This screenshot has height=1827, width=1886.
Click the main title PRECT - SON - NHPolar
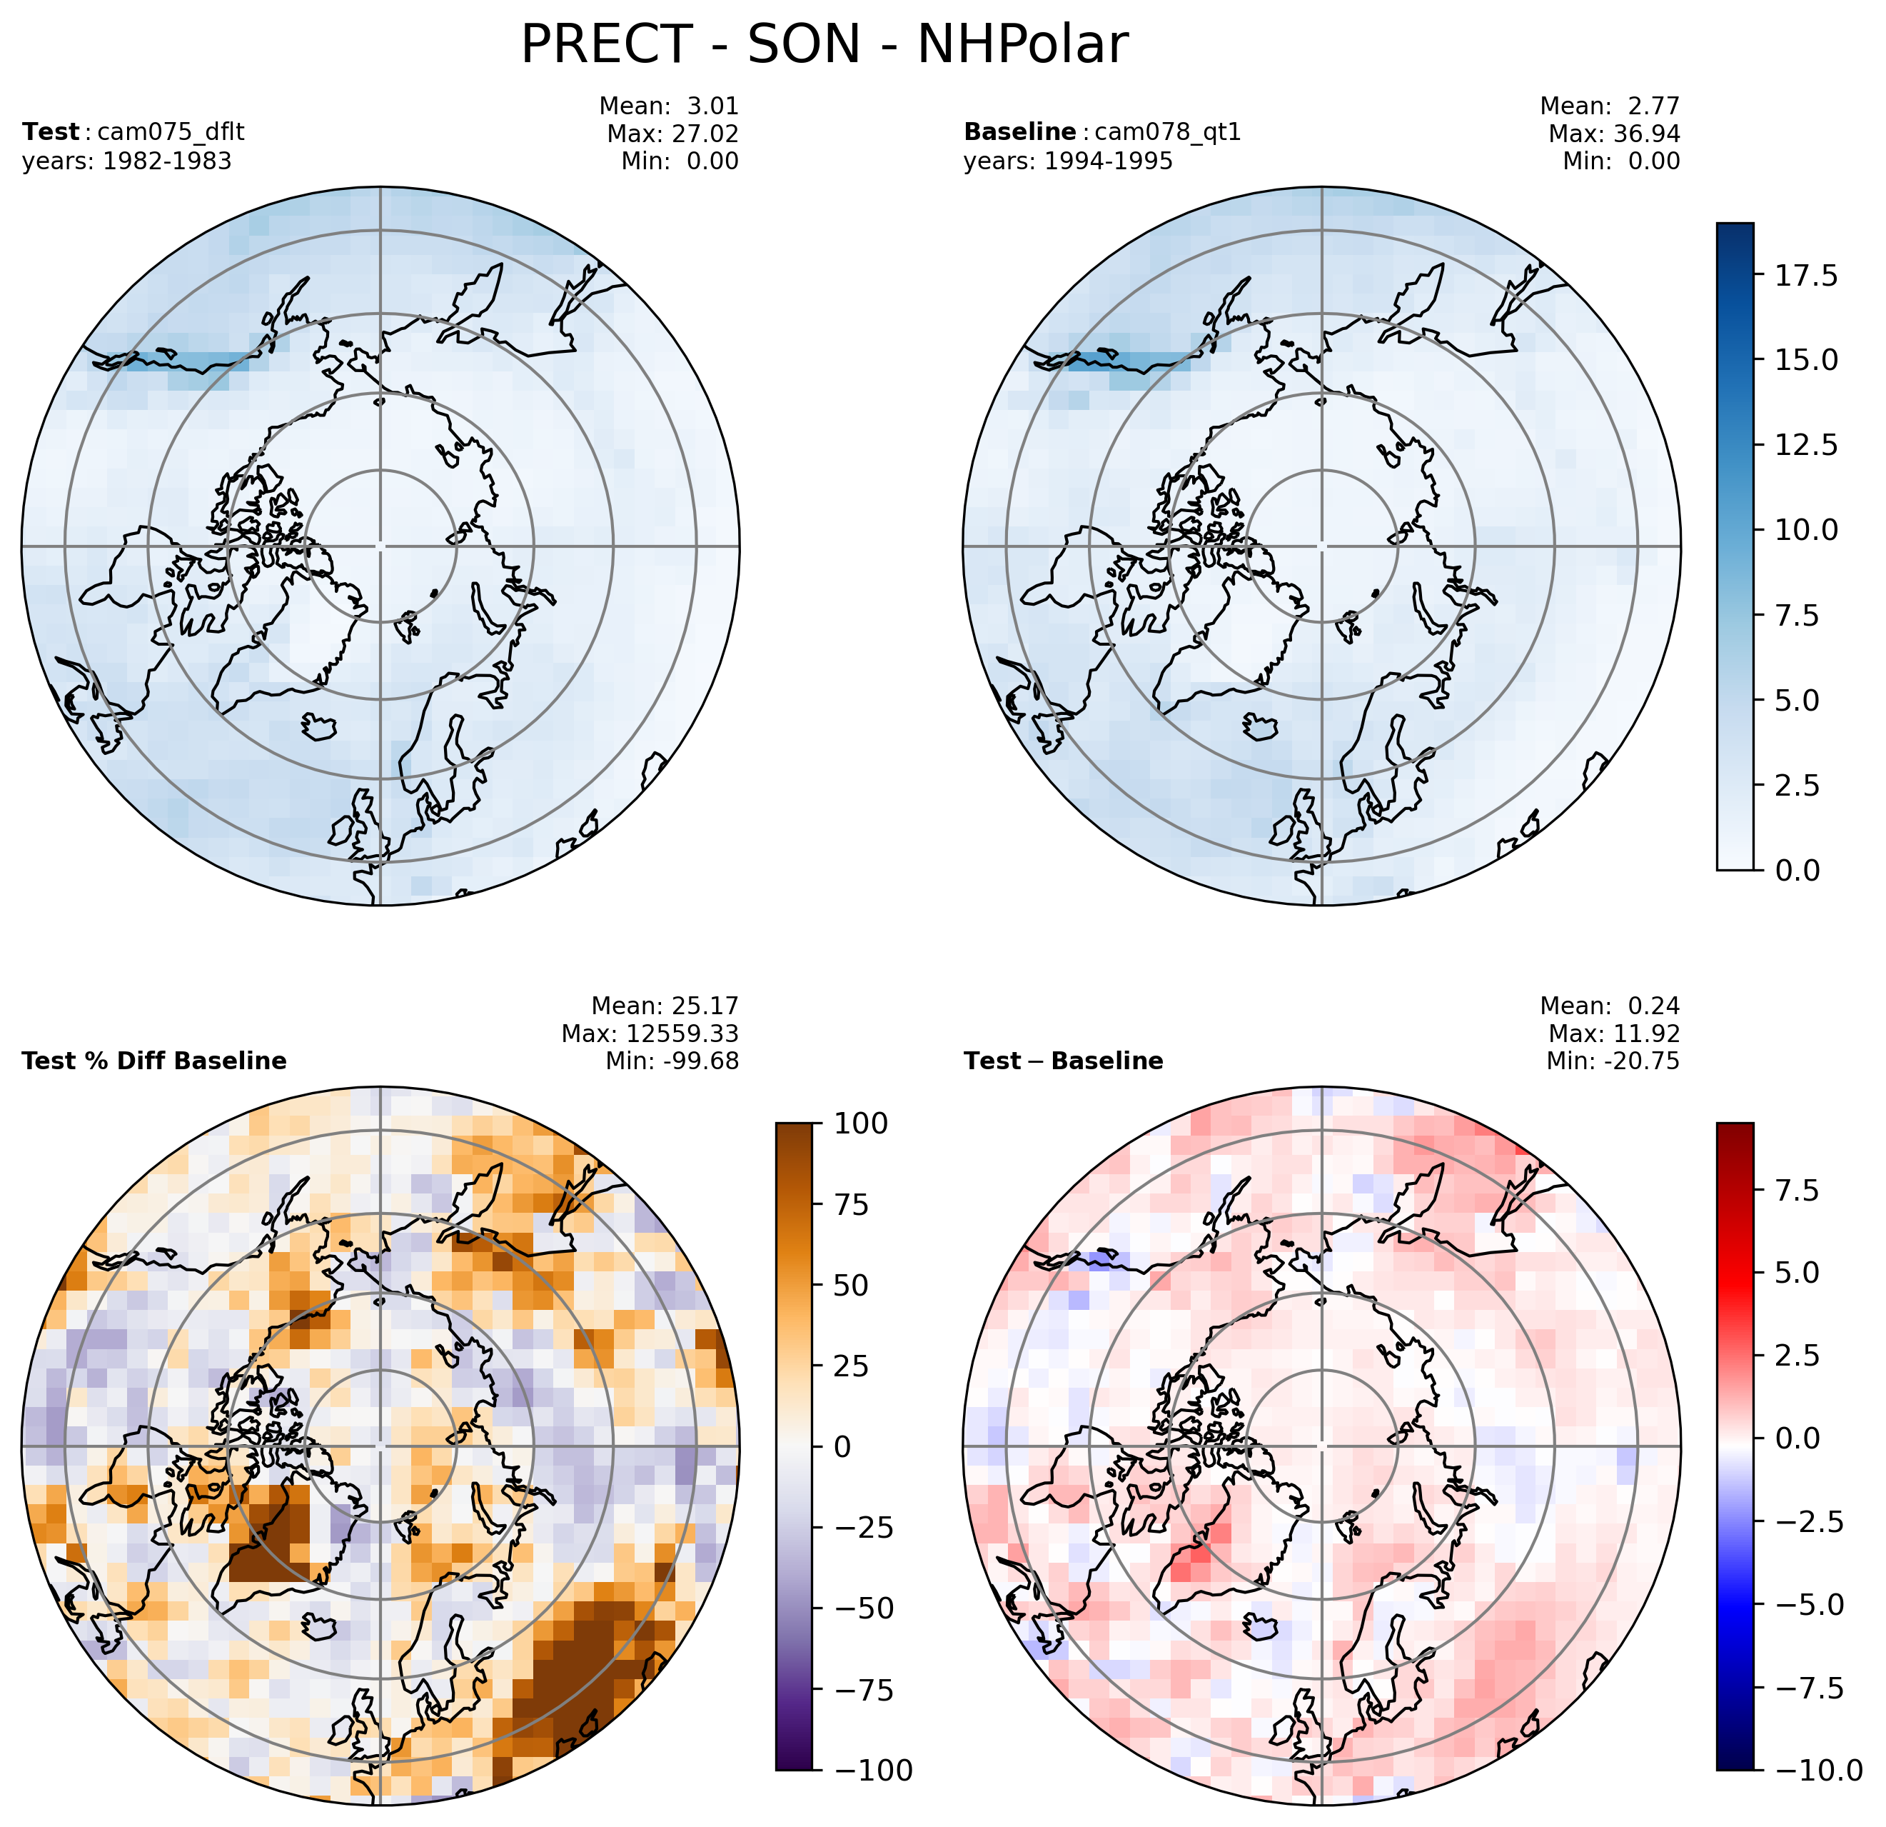824,45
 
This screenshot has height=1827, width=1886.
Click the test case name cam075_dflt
165,132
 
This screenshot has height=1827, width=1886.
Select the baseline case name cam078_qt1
1167,132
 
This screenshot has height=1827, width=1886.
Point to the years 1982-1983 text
127,161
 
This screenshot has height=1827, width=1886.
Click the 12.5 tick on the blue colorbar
1795,446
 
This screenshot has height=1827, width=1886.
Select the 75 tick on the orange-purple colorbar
846,1205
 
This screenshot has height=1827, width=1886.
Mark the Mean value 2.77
1653,106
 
